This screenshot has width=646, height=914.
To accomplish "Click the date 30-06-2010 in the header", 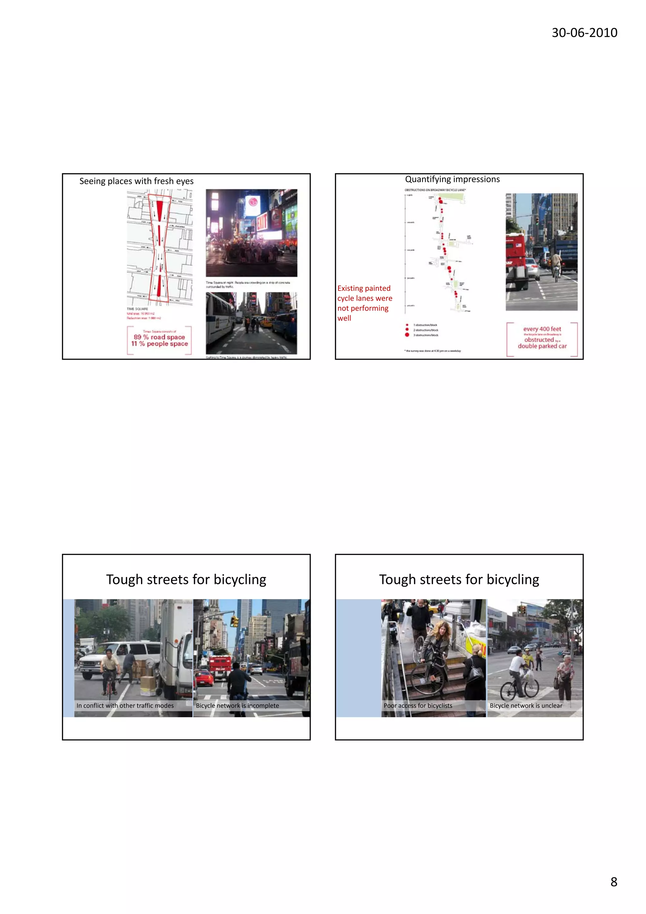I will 584,32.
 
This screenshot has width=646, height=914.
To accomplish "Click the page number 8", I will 614,882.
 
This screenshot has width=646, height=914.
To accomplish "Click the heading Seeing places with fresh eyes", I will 136,181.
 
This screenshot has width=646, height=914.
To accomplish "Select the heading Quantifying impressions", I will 452,179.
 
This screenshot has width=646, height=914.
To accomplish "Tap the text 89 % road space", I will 159,337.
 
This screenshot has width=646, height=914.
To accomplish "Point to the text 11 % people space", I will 159,344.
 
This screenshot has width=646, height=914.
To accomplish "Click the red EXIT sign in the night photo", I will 261,222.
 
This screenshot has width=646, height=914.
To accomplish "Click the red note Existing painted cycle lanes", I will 364,303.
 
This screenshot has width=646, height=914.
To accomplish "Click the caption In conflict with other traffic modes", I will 125,705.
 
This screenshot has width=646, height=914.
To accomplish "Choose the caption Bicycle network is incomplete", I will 237,705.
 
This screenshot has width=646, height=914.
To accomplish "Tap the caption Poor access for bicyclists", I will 418,705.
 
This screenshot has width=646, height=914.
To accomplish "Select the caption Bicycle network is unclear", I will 526,705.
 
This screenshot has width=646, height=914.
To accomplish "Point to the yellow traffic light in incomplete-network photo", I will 234,621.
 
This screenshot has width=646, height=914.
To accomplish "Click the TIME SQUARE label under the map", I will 137,309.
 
